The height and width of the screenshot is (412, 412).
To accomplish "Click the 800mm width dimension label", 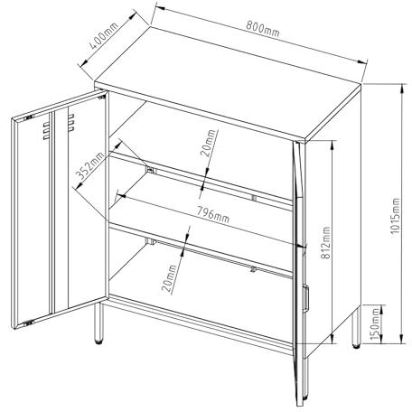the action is point(262,29).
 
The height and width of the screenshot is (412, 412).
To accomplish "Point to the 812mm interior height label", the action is point(325,242).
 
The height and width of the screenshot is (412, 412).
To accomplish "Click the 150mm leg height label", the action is point(375,323).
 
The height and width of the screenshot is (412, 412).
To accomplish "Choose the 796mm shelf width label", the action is point(213,214).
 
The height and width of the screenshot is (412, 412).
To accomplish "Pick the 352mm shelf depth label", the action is point(89,165).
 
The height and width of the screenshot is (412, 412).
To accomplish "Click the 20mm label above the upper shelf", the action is point(209,143).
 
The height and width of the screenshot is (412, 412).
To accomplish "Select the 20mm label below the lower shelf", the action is point(169,279).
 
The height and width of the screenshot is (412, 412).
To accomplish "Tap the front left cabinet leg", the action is point(98,323).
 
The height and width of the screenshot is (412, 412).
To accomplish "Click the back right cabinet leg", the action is point(356,327).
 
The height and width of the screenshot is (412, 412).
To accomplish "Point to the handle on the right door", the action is point(305,296).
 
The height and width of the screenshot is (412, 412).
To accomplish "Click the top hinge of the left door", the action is point(29,117).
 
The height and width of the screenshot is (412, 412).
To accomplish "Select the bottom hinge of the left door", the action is point(28,323).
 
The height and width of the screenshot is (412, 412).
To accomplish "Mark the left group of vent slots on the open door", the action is point(46,131).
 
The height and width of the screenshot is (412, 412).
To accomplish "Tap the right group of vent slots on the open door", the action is point(71,122).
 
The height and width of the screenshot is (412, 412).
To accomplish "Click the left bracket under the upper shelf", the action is point(151,170).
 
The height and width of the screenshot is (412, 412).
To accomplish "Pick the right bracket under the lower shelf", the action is point(253,269).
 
